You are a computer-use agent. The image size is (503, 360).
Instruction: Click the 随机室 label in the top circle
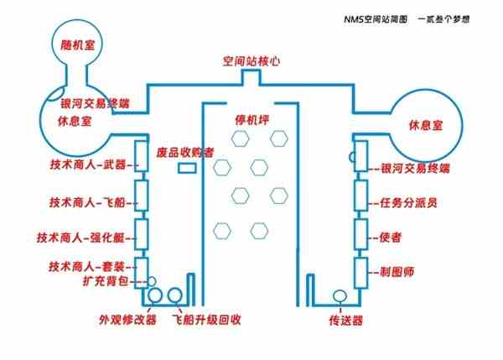(x=78, y=44)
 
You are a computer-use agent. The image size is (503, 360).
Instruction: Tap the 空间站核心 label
(x=251, y=61)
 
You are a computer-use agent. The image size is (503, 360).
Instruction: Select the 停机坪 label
(x=251, y=120)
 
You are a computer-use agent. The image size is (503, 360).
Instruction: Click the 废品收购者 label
(x=185, y=152)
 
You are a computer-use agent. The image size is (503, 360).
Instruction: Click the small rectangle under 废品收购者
(x=187, y=168)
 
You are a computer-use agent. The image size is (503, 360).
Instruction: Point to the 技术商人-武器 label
(x=87, y=164)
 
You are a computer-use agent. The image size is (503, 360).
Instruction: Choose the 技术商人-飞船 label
(x=87, y=202)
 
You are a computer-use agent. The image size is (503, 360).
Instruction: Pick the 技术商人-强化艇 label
(x=80, y=237)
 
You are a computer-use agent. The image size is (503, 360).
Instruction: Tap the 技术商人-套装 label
(x=86, y=267)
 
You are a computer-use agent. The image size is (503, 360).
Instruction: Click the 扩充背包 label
(x=106, y=281)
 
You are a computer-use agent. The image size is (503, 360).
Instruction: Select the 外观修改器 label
(x=127, y=320)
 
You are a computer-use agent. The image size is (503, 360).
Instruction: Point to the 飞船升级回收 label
(x=206, y=320)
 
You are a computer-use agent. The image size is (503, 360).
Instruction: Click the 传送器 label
(x=345, y=321)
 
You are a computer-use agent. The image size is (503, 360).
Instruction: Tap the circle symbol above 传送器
(x=340, y=296)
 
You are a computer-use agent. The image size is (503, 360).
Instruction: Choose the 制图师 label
(x=397, y=272)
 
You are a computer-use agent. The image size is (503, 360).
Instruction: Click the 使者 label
(x=390, y=237)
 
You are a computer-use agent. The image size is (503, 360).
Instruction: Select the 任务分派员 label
(x=408, y=202)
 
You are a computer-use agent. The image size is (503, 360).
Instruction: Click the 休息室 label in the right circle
(x=426, y=125)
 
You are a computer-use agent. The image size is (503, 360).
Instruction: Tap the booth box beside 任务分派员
(x=361, y=196)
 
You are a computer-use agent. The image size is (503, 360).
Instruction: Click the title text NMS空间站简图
(x=376, y=19)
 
